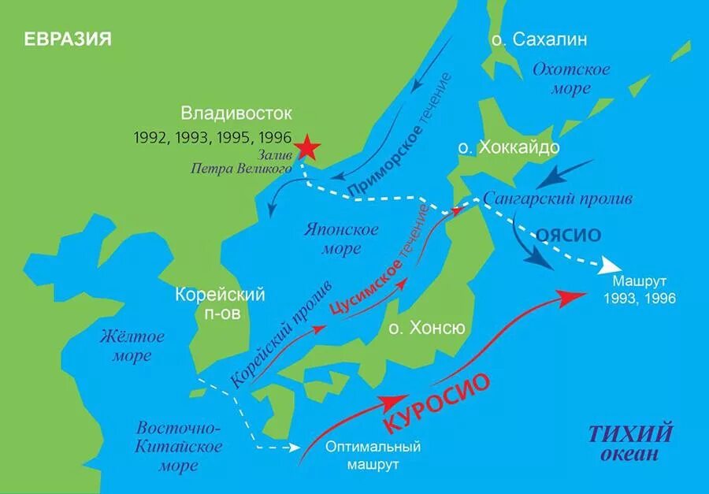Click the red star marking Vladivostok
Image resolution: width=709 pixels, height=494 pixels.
click(x=307, y=147)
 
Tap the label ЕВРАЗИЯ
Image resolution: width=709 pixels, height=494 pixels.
click(x=67, y=39)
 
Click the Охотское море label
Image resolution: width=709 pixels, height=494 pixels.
click(x=571, y=79)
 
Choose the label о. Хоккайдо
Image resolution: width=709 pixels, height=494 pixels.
click(x=508, y=148)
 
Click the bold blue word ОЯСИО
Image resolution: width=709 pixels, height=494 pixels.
click(x=569, y=235)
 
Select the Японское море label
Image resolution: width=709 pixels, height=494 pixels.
click(x=340, y=239)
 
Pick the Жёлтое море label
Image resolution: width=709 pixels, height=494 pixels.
click(x=132, y=346)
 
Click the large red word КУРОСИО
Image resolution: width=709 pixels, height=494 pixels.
click(x=438, y=402)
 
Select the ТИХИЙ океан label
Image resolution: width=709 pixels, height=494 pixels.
click(x=630, y=444)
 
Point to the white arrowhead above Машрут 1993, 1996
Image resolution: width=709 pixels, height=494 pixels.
click(x=610, y=264)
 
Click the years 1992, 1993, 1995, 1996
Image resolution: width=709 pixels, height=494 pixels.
click(x=213, y=136)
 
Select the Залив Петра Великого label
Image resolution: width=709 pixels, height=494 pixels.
click(x=241, y=162)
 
